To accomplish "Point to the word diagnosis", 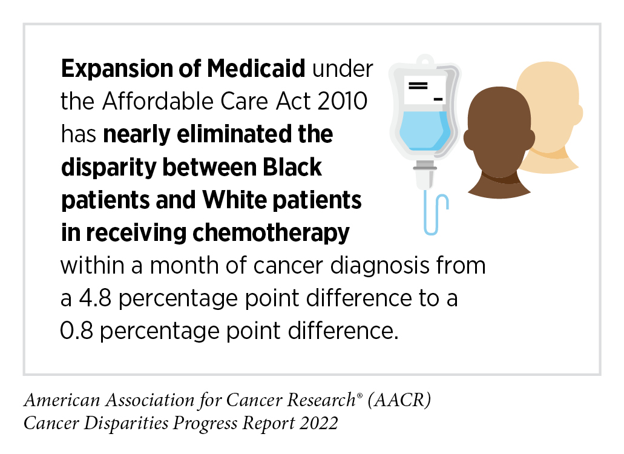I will click(384, 266).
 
